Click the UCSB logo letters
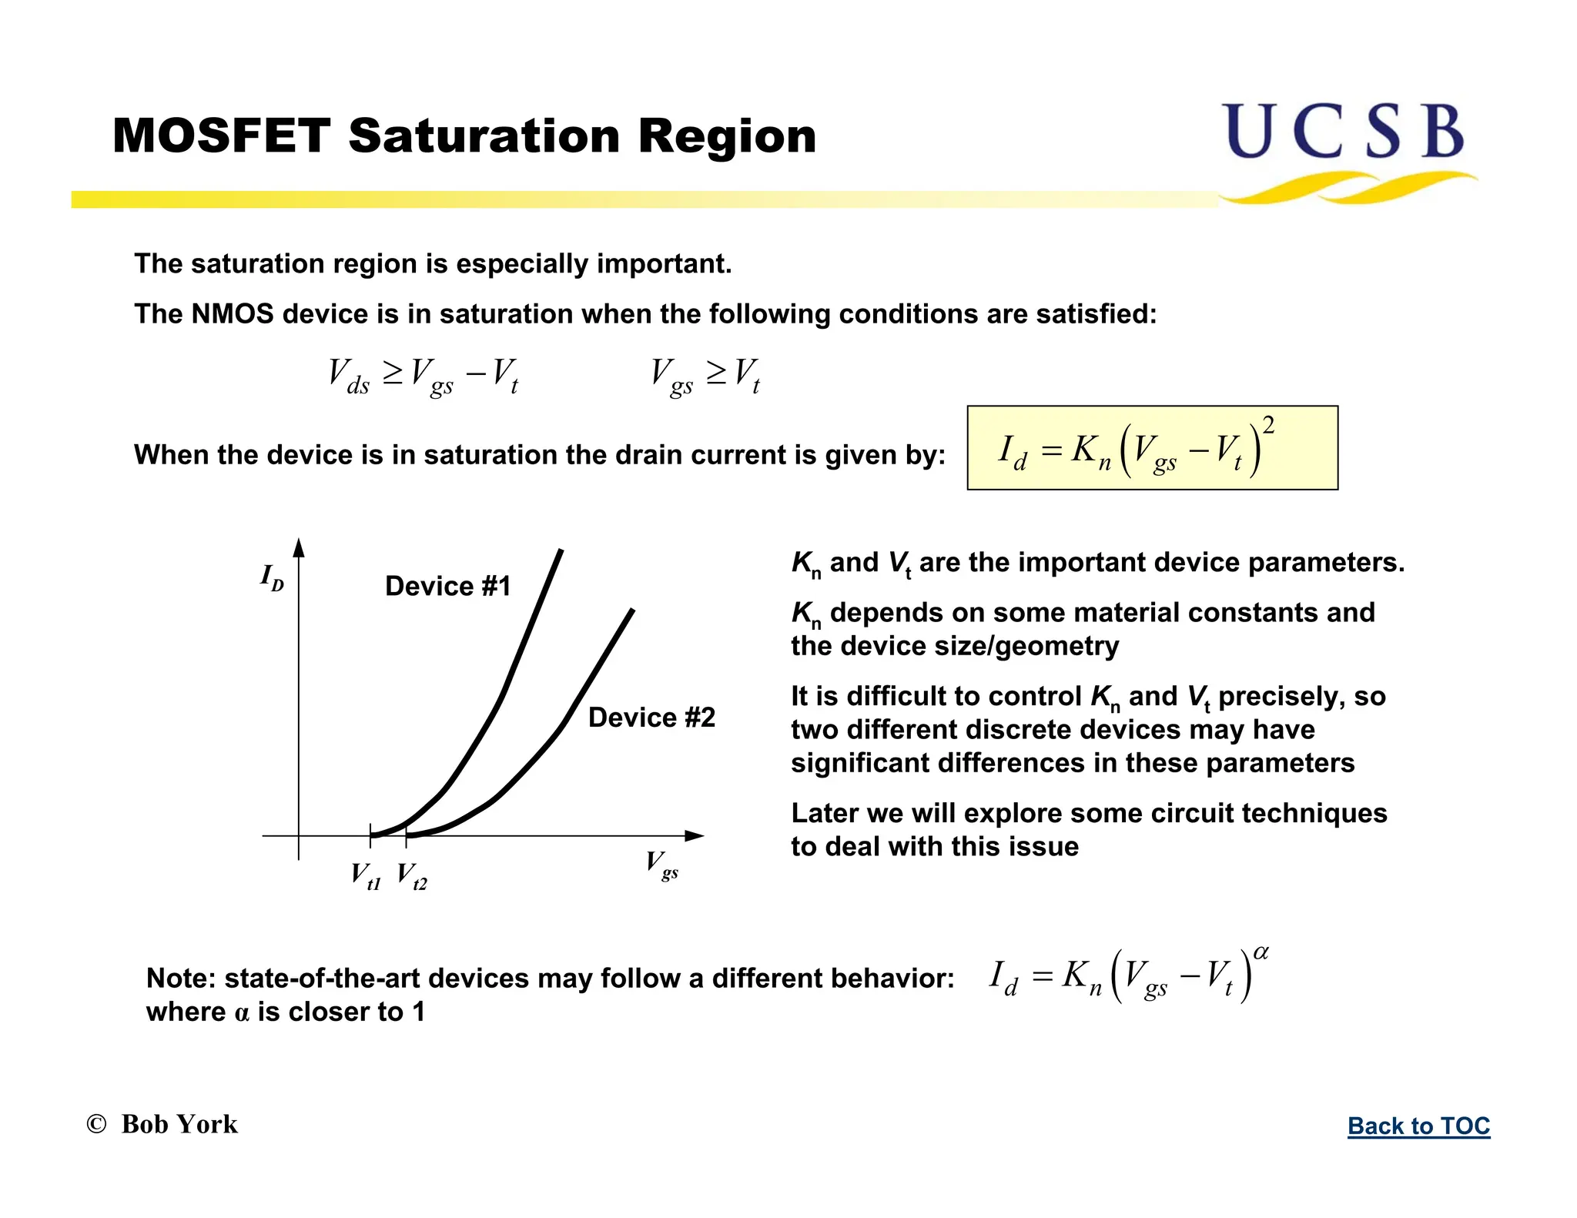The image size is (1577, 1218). pos(1343,132)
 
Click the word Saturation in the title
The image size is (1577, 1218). pos(484,136)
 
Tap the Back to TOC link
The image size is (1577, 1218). pos(1418,1126)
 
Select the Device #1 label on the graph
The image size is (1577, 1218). pos(447,587)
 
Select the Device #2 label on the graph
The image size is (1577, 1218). pos(651,718)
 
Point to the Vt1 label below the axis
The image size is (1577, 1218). pos(366,875)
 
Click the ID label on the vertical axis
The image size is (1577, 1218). pos(272,577)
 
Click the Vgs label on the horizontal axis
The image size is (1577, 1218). pos(661,865)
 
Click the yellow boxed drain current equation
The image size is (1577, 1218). pos(1152,448)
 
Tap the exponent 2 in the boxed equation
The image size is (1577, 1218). pos(1268,426)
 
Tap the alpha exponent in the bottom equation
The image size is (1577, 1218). pos(1261,953)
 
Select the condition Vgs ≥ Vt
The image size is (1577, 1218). pos(705,375)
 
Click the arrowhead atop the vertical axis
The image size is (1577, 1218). pos(299,547)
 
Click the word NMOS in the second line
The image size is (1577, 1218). pos(232,314)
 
